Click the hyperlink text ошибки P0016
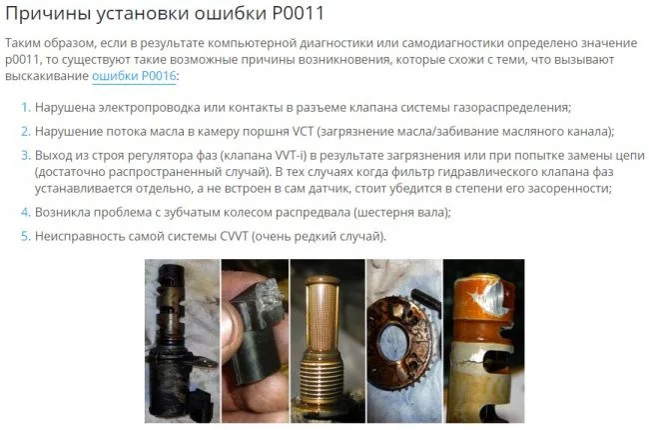click(134, 76)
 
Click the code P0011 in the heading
click(298, 13)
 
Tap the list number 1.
click(26, 107)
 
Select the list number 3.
click(26, 155)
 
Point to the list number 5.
click(26, 236)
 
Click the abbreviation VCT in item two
click(303, 131)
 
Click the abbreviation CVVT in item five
click(234, 236)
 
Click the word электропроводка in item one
click(150, 108)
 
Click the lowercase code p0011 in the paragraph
click(22, 60)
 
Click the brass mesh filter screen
click(323, 315)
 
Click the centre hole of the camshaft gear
click(393, 343)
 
